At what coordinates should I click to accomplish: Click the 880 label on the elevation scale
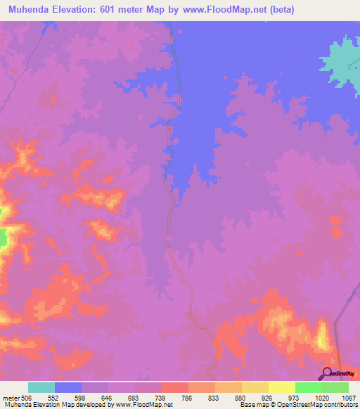[241, 396]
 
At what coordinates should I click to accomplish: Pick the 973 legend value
[295, 396]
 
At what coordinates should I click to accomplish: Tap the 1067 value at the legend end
[347, 396]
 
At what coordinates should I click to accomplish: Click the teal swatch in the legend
[41, 387]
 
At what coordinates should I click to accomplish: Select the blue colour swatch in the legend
[68, 387]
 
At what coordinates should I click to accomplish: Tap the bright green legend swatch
[308, 387]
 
